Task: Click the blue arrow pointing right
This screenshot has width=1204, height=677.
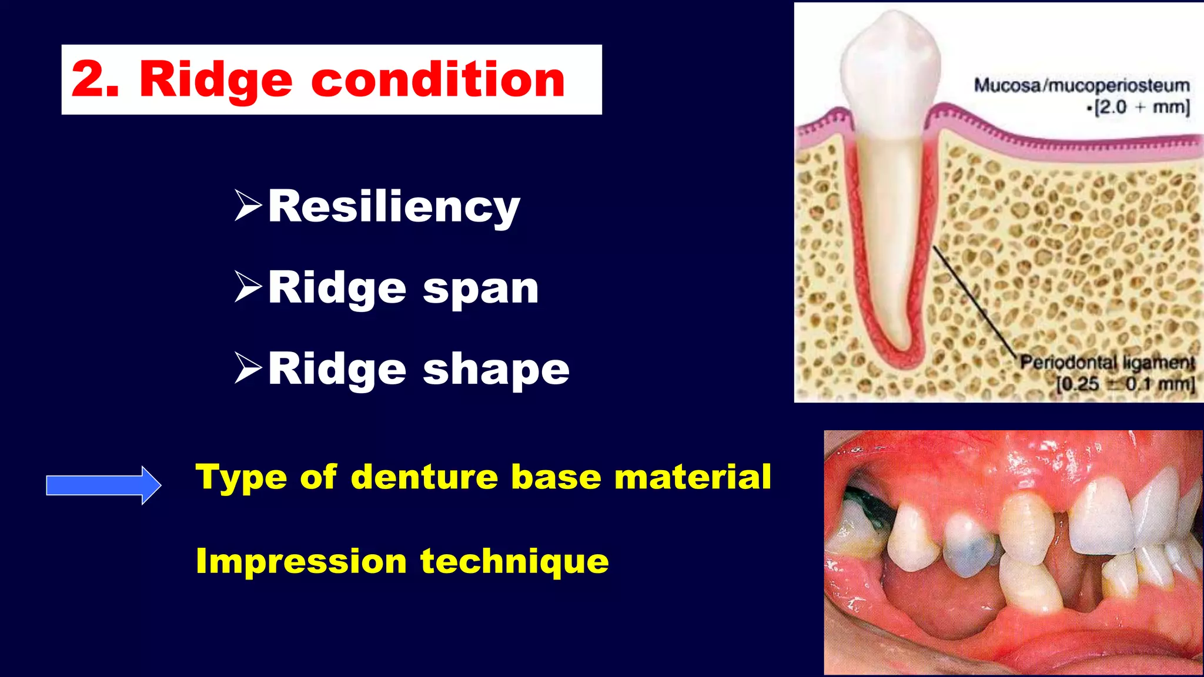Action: tap(103, 485)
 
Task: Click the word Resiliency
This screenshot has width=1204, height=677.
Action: tap(394, 207)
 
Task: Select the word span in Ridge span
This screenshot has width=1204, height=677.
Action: tap(480, 289)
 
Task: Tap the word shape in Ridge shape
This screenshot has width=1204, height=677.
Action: tap(496, 370)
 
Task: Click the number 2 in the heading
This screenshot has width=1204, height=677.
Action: tap(88, 79)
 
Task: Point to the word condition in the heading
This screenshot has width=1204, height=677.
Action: tap(438, 79)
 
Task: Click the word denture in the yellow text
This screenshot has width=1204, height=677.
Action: tap(424, 477)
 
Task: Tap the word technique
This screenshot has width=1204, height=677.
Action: tap(514, 562)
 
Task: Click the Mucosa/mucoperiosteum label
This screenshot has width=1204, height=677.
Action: tap(1081, 86)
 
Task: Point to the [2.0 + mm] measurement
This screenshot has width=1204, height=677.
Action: tap(1141, 108)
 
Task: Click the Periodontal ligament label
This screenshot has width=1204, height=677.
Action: tap(1107, 362)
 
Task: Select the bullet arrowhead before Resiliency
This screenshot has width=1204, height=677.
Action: tap(248, 205)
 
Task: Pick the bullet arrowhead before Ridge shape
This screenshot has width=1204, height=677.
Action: tap(248, 368)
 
